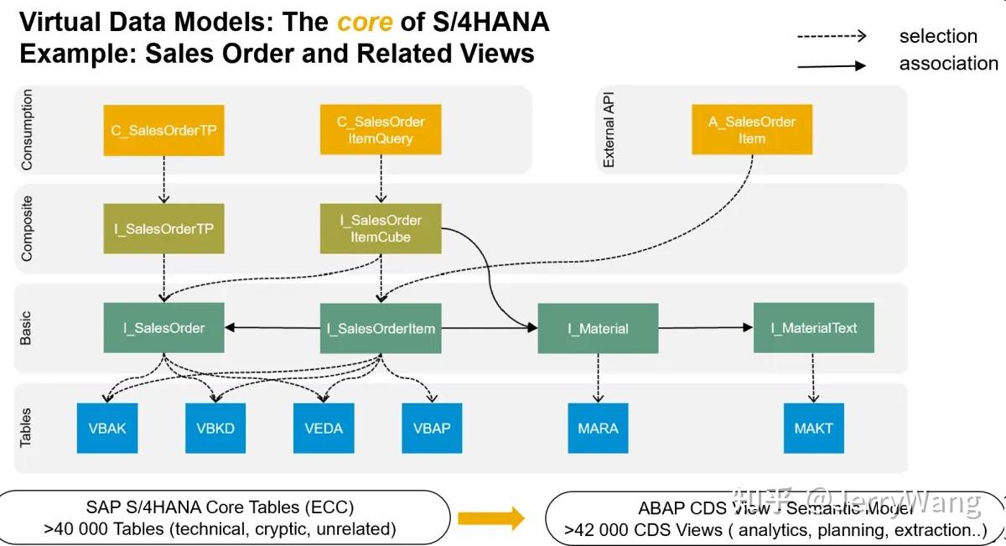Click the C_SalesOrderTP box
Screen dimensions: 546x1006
(164, 130)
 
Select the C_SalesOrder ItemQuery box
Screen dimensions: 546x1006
(381, 130)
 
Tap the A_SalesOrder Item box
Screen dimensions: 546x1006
(752, 129)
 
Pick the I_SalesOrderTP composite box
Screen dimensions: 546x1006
(164, 229)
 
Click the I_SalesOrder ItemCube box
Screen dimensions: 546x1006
(381, 228)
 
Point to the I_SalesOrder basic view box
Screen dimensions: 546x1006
(164, 328)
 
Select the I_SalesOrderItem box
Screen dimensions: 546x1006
(381, 328)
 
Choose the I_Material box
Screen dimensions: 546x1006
(598, 328)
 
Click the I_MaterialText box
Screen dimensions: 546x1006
(813, 328)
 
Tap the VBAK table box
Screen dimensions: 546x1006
(107, 429)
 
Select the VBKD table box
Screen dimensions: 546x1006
(215, 429)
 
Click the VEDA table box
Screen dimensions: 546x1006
(324, 429)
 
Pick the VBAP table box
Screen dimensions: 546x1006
(432, 429)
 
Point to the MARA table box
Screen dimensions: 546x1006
(598, 429)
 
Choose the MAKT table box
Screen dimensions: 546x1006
(813, 429)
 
